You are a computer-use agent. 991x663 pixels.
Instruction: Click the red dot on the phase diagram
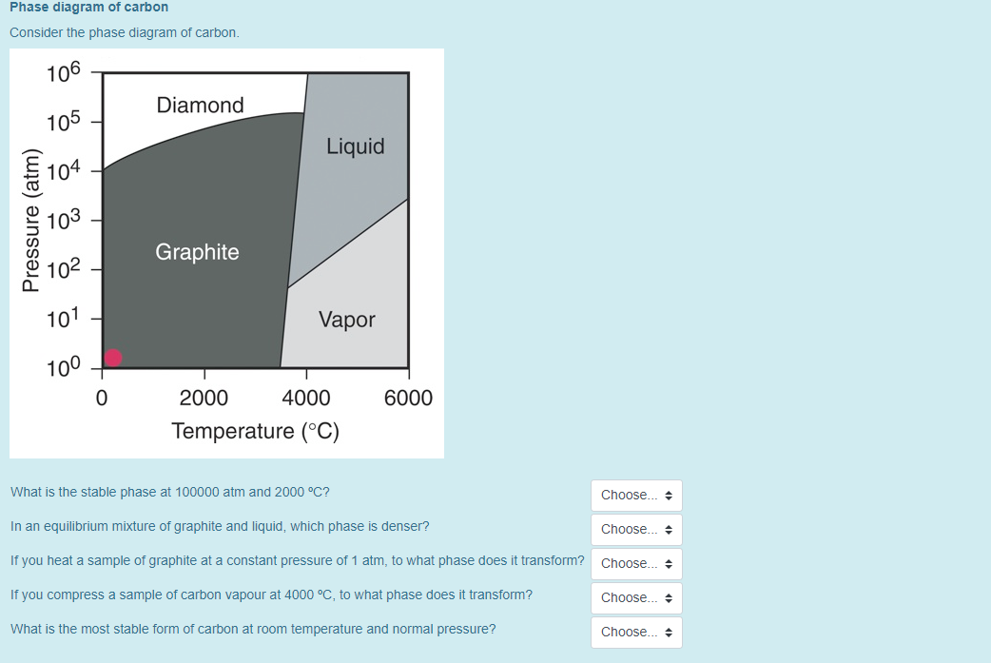(113, 358)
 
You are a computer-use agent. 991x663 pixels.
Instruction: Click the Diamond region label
(200, 106)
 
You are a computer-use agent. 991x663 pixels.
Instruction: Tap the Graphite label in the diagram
(197, 252)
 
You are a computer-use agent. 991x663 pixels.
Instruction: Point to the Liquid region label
(355, 146)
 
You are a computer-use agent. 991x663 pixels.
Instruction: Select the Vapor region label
(346, 320)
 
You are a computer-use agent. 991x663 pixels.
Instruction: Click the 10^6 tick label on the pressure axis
(66, 73)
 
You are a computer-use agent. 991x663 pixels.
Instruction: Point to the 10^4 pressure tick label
(66, 171)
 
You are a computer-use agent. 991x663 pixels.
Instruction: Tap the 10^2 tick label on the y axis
(66, 269)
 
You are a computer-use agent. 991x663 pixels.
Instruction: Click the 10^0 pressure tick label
(66, 367)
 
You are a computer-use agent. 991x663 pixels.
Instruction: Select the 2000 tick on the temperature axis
(204, 398)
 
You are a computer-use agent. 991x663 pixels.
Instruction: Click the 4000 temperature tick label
(306, 398)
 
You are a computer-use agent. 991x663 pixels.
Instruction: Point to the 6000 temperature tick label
(408, 398)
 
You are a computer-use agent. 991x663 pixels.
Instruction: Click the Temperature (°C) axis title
(255, 431)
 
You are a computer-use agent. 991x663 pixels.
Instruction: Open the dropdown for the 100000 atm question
(636, 496)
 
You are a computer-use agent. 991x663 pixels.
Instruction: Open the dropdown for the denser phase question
(636, 530)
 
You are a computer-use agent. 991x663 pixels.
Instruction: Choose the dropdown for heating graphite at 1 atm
(636, 564)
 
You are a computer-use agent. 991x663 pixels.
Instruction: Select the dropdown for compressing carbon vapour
(636, 598)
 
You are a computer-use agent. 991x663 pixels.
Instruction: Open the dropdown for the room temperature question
(636, 633)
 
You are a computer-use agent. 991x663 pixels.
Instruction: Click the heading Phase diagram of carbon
(89, 8)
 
